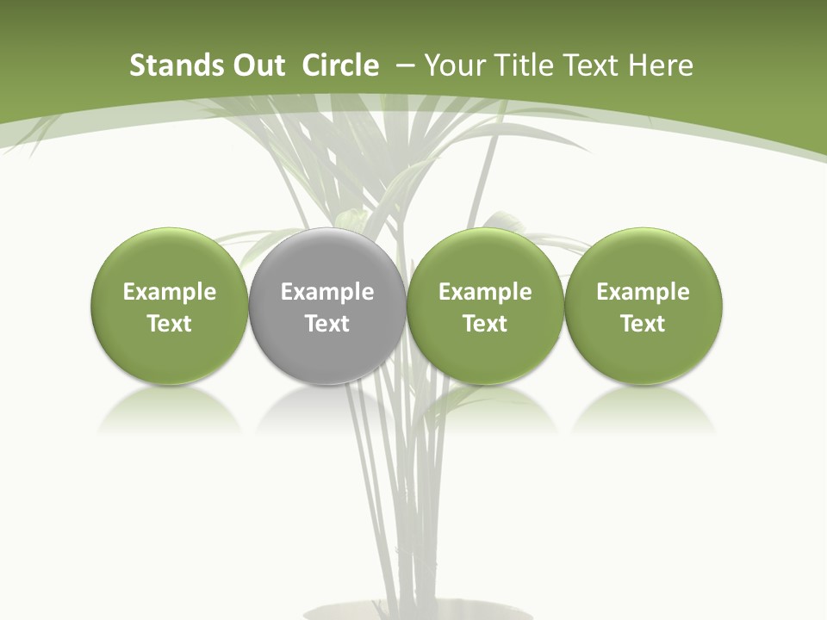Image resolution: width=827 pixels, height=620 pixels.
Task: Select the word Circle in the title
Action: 340,65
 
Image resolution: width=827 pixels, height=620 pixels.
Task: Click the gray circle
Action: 327,306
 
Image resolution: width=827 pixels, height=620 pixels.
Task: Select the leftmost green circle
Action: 170,306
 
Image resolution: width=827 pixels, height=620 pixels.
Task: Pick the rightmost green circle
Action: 643,306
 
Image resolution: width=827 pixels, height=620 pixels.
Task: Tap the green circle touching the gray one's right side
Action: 485,306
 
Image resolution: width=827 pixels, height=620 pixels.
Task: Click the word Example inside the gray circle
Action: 327,292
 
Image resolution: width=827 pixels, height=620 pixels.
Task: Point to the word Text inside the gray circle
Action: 327,324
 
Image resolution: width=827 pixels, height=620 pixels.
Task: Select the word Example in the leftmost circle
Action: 170,292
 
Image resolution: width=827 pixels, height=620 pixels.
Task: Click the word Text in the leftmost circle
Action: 170,324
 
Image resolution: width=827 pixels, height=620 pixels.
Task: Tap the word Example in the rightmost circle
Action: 643,292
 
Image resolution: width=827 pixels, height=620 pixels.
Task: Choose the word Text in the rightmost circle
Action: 643,324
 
